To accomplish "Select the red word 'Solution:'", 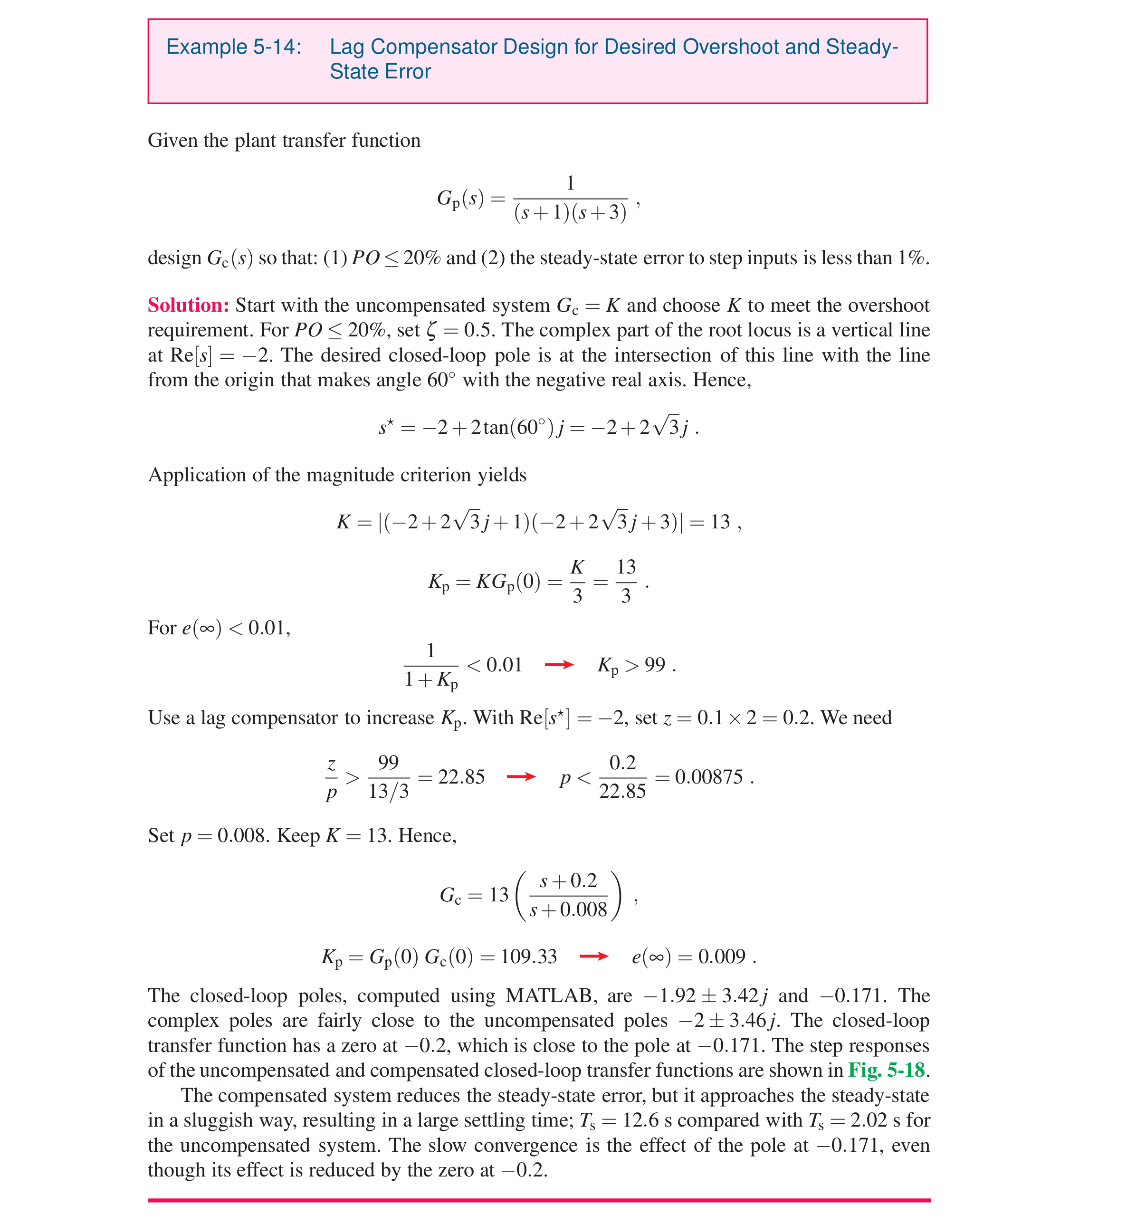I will pos(188,306).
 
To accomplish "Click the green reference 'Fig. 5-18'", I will pos(886,1070).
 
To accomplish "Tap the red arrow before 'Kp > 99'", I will pos(559,665).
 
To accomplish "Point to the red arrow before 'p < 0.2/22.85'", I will pos(520,777).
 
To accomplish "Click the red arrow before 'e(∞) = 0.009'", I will pos(593,956).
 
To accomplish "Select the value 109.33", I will pos(528,956).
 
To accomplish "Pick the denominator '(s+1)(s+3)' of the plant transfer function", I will pos(570,213).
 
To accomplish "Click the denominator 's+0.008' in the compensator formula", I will pos(568,909).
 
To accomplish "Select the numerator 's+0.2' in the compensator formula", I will pos(568,881).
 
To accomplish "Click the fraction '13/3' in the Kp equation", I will pos(626,581).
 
